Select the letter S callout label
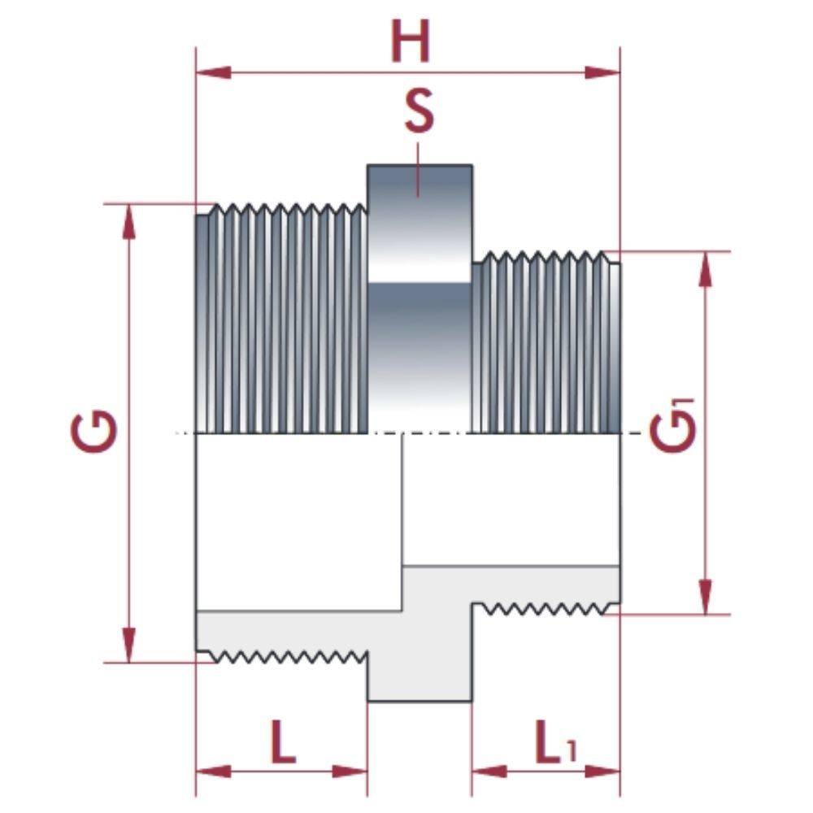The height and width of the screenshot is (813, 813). (x=419, y=112)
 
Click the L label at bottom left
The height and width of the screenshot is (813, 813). (x=281, y=741)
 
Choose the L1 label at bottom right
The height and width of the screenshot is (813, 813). (x=554, y=742)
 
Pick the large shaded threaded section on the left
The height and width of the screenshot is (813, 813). (x=280, y=321)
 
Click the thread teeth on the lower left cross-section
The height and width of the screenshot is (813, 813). (x=285, y=655)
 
